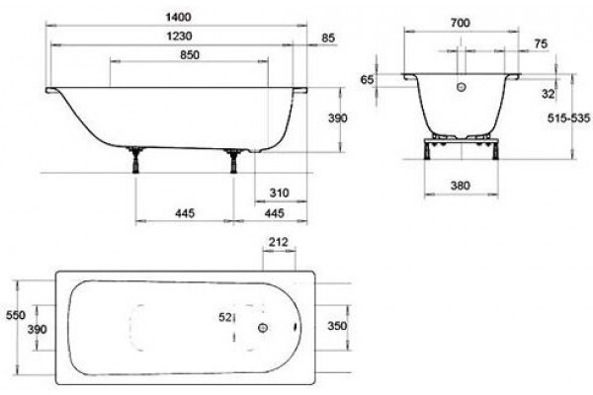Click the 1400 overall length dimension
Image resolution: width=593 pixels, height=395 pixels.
[x=179, y=17]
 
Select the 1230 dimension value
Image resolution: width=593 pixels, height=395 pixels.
[x=179, y=36]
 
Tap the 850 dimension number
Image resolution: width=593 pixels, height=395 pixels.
[x=190, y=55]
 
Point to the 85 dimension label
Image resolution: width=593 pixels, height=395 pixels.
[x=328, y=39]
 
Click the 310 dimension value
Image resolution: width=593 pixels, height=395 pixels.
[x=279, y=194]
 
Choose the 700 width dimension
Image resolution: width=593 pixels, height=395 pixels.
[x=461, y=23]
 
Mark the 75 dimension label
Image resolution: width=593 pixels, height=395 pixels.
[x=541, y=43]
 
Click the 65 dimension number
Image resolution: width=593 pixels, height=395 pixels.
[x=367, y=80]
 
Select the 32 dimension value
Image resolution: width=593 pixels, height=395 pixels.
[x=548, y=94]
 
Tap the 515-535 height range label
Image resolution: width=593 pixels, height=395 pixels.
[x=569, y=118]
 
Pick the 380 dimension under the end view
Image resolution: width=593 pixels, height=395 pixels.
[x=461, y=186]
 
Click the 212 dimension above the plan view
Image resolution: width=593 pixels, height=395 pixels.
[x=279, y=242]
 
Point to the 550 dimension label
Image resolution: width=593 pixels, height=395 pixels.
[x=16, y=315]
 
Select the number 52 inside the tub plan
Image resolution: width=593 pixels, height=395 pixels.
[x=225, y=318]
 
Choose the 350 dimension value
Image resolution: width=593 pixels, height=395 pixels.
[x=337, y=326]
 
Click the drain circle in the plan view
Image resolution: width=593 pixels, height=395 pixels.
[x=263, y=328]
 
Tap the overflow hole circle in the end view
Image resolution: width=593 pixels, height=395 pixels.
[x=461, y=87]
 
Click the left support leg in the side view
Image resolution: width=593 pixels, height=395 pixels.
[x=135, y=160]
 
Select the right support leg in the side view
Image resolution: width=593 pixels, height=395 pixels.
[x=234, y=161]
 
